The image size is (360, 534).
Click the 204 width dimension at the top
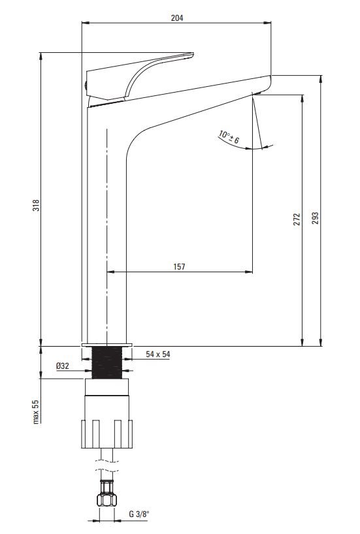coord(177,18)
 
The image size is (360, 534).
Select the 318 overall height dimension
coord(36,206)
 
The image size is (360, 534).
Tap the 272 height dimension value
coord(297,219)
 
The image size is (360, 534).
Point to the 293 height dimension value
coord(316,218)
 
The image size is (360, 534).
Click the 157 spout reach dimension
coord(179,266)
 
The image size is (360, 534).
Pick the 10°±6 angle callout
coord(229,136)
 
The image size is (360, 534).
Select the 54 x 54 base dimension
coord(158,354)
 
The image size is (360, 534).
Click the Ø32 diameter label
coord(63,366)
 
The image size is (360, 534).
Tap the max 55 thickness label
coord(36,412)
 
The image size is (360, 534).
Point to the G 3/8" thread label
coord(139,514)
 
